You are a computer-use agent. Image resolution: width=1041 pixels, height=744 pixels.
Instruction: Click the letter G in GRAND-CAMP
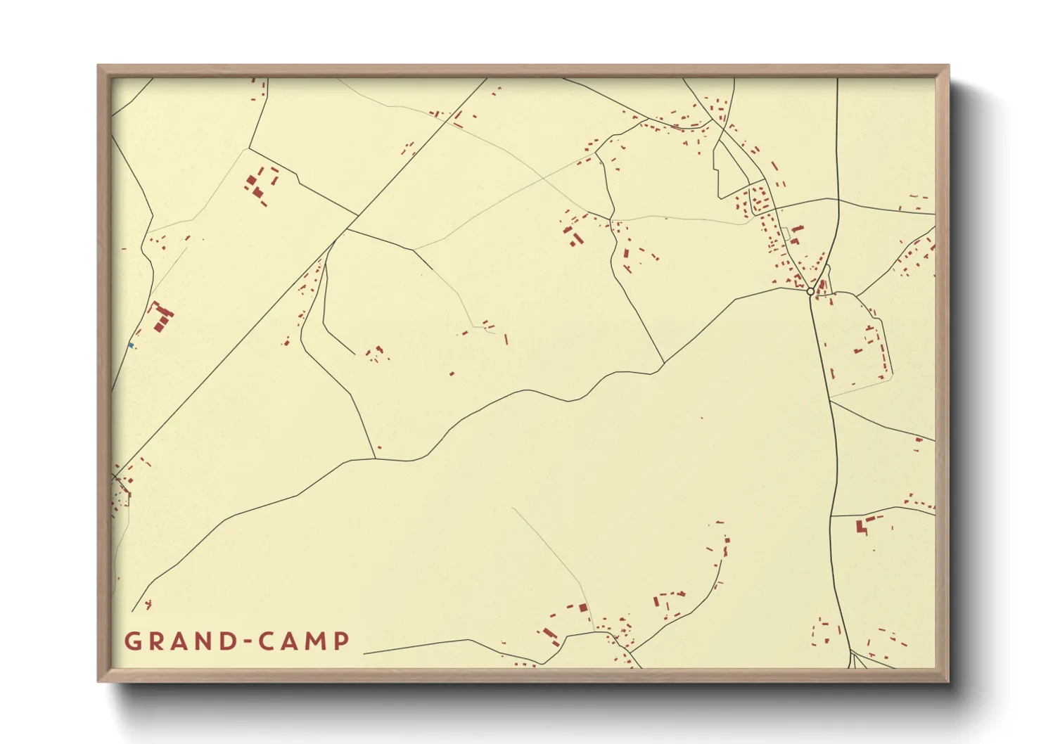[133, 641]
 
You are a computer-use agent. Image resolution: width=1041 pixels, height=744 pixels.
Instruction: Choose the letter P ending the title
[342, 641]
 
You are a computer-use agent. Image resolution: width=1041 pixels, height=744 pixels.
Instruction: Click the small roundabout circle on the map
[810, 291]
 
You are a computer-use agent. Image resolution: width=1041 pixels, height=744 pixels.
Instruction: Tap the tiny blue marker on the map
[131, 345]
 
